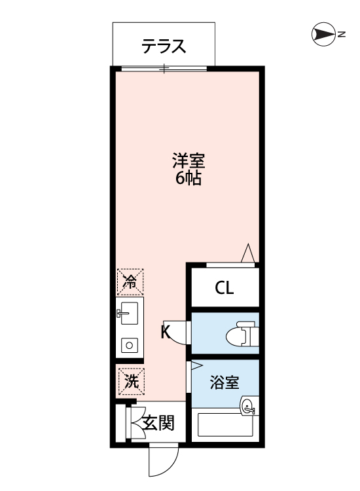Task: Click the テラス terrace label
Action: coord(164,47)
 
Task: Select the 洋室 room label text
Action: coord(189,160)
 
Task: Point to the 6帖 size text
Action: coord(188,178)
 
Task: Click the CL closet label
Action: coord(224,288)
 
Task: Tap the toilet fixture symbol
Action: coord(238,336)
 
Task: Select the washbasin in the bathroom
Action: coord(249,407)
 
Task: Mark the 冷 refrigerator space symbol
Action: coord(130,282)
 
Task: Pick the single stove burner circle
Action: coord(130,345)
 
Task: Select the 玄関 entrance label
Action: coord(159,424)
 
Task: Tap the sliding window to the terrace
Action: coord(164,68)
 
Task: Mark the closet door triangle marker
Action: coord(248,253)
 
